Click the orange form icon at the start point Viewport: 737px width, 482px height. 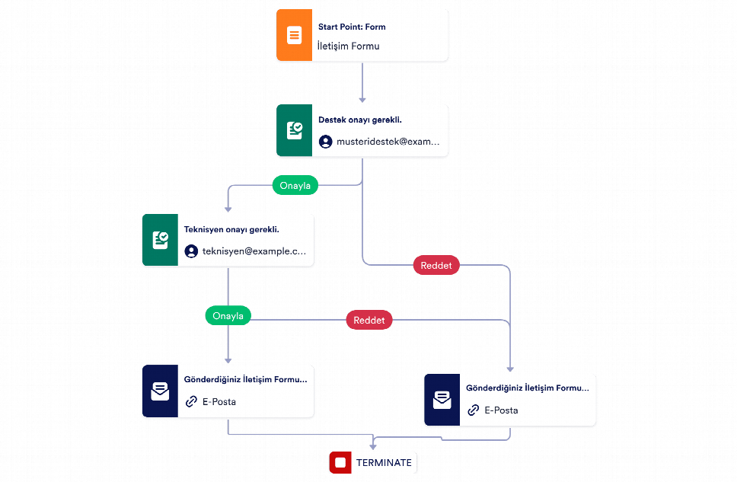pos(294,35)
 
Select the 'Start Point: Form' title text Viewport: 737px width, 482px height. pos(352,27)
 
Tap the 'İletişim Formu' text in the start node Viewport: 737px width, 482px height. pos(348,46)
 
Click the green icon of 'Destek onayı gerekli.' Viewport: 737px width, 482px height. pos(294,130)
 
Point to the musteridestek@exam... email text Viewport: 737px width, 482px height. pos(388,142)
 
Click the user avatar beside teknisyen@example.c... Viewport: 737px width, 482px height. pos(191,251)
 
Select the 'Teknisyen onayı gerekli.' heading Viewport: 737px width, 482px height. pos(231,229)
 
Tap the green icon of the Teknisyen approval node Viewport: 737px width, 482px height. pos(161,240)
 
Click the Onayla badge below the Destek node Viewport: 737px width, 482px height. pos(295,185)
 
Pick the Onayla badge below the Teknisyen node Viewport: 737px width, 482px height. pos(228,315)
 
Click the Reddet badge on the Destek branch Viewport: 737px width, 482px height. pos(436,265)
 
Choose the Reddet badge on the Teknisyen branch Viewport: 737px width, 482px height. pos(369,320)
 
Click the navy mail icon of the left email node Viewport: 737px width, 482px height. pos(161,391)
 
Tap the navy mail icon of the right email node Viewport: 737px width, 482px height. pos(442,400)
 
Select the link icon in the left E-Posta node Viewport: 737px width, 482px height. pos(191,401)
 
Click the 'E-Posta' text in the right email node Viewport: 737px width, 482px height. pos(502,410)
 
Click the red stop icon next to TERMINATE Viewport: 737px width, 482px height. pos(340,463)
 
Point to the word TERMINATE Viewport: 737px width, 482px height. pos(384,463)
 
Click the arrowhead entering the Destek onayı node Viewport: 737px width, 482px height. pos(362,100)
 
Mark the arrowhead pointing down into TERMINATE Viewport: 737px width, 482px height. pos(373,447)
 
